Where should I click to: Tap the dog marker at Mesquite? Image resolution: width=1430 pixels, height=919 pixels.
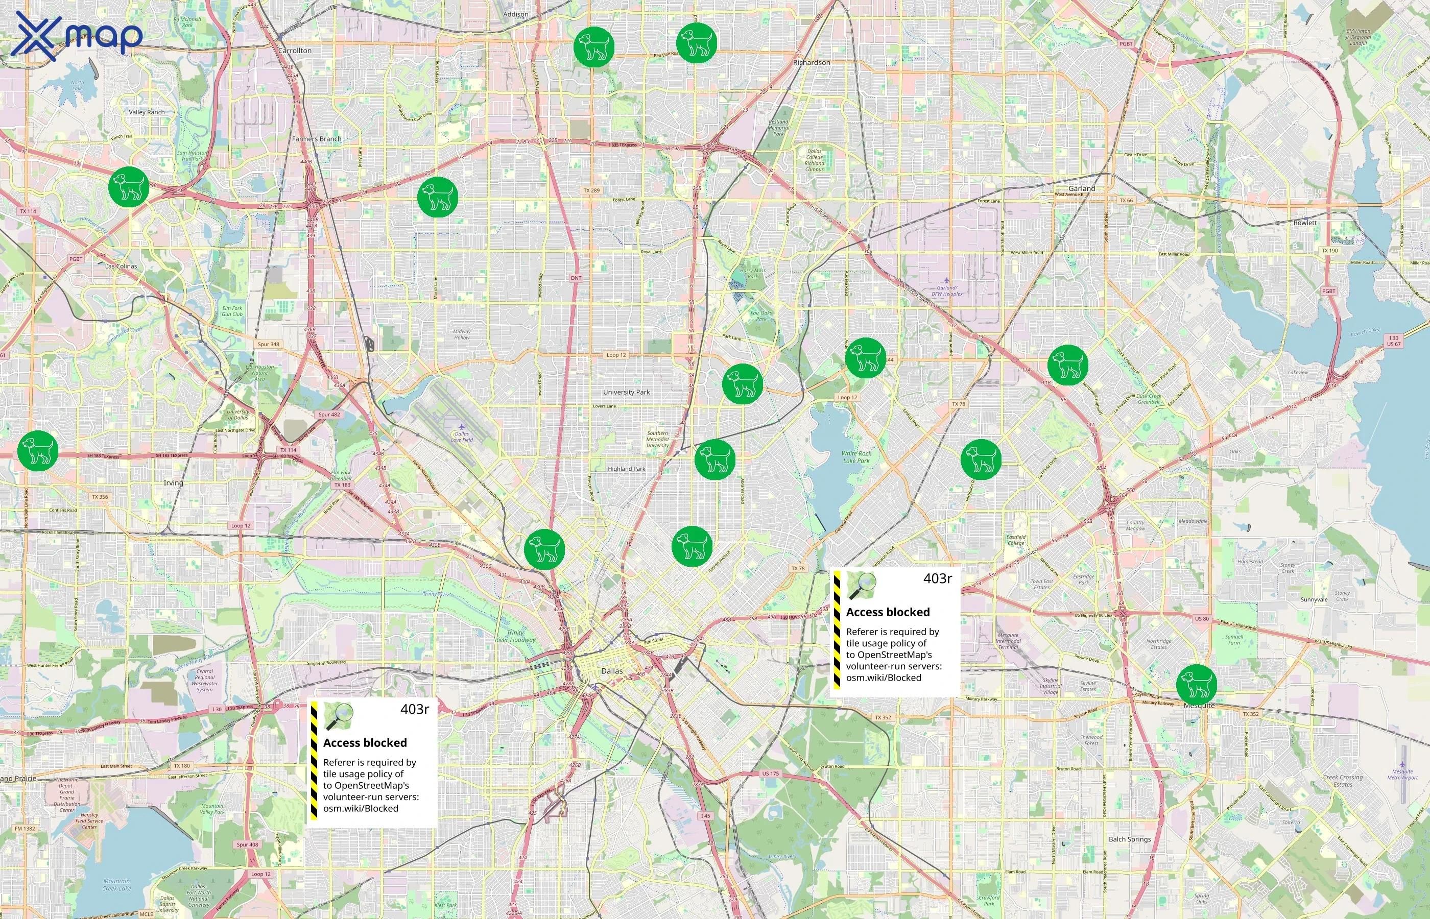pyautogui.click(x=1196, y=684)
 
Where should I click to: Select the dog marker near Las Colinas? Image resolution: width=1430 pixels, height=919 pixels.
pyautogui.click(x=128, y=187)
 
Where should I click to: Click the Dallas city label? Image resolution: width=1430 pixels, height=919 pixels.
pyautogui.click(x=612, y=671)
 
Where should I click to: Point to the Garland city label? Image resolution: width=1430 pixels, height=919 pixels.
pyautogui.click(x=1082, y=188)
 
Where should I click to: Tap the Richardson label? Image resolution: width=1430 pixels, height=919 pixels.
pyautogui.click(x=811, y=62)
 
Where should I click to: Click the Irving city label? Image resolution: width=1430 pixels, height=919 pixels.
pyautogui.click(x=174, y=483)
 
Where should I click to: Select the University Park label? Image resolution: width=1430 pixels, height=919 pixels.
pyautogui.click(x=626, y=392)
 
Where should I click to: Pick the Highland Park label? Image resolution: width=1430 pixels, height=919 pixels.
pyautogui.click(x=626, y=469)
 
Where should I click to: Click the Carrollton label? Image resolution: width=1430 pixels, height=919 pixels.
pyautogui.click(x=295, y=51)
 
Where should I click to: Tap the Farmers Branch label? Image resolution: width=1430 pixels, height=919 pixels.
pyautogui.click(x=316, y=139)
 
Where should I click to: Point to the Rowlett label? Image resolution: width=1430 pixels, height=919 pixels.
pyautogui.click(x=1305, y=223)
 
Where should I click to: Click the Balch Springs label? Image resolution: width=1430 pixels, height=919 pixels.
pyautogui.click(x=1129, y=839)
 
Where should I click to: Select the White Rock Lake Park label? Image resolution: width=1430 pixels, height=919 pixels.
pyautogui.click(x=856, y=457)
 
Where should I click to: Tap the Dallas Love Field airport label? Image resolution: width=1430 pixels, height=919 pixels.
pyautogui.click(x=462, y=437)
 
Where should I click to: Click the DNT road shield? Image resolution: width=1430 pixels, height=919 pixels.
pyautogui.click(x=576, y=278)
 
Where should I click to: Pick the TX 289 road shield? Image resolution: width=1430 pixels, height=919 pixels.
pyautogui.click(x=591, y=190)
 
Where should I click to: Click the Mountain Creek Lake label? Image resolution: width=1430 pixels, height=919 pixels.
pyautogui.click(x=116, y=884)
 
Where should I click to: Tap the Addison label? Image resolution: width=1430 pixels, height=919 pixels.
pyautogui.click(x=516, y=14)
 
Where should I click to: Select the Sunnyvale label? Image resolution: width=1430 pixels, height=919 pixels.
pyautogui.click(x=1314, y=599)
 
